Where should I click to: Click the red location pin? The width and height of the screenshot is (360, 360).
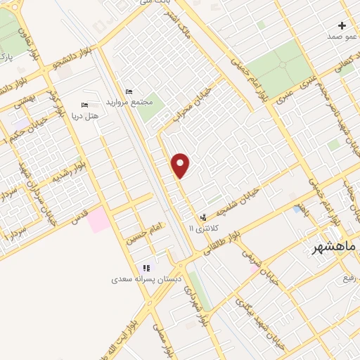tap(181, 166)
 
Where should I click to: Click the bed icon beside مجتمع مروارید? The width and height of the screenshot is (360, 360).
tap(128, 91)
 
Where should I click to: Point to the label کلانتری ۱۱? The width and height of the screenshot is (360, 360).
tap(205, 229)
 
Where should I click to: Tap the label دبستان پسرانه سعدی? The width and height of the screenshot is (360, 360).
tap(141, 279)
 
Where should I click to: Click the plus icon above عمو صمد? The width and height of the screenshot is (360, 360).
tap(342, 25)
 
